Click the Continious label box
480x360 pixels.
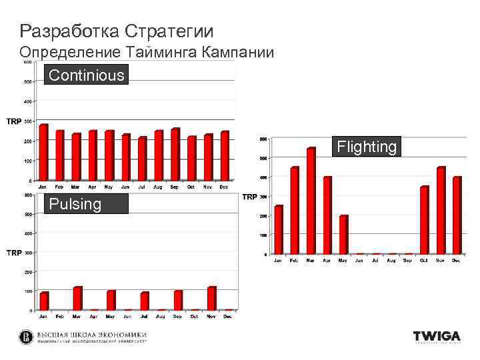tap(87, 75)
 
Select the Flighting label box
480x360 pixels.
tap(367, 147)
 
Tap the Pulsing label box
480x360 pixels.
tap(86, 204)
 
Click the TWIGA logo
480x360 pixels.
tap(437, 337)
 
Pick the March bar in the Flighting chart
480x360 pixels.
tap(311, 201)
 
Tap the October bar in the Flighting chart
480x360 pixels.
tap(424, 220)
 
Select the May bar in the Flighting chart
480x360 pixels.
tap(343, 234)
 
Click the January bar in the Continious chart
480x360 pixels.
tap(43, 152)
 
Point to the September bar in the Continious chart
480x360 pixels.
tap(175, 154)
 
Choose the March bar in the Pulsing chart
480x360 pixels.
tap(77, 298)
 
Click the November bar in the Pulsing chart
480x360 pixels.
tap(212, 298)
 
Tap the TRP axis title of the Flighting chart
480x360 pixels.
tap(249, 197)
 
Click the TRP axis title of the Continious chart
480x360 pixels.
tap(13, 121)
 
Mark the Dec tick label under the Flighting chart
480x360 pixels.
tap(457, 261)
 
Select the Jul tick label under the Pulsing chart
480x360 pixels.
tap(144, 316)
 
